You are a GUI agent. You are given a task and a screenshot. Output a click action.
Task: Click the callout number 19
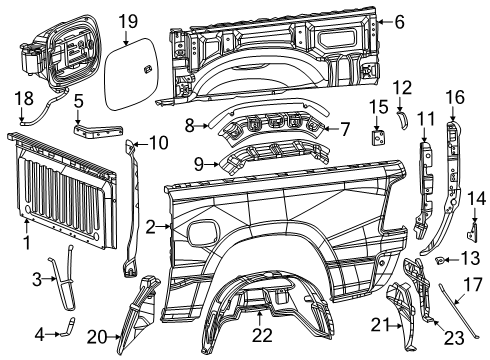pyautogui.click(x=127, y=20)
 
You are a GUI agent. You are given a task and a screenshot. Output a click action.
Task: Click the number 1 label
pyautogui.click(x=27, y=243)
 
